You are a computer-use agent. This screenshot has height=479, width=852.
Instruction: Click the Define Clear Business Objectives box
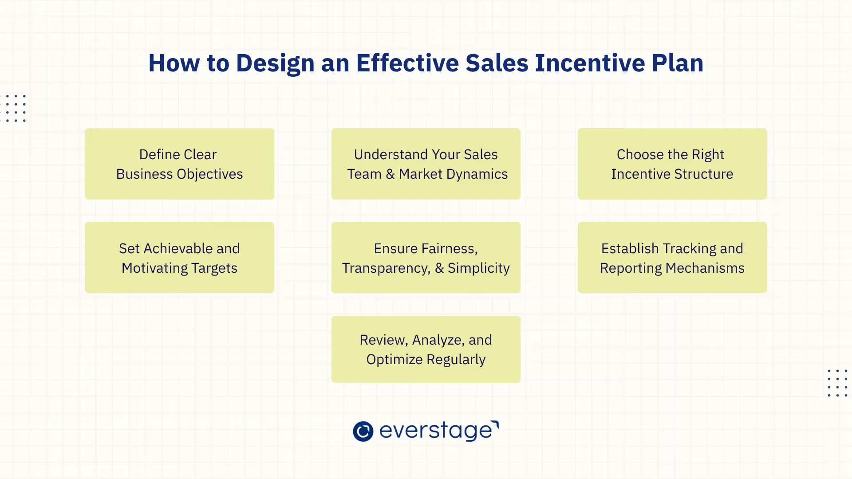click(x=179, y=164)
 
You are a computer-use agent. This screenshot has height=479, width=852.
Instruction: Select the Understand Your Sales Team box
click(x=426, y=164)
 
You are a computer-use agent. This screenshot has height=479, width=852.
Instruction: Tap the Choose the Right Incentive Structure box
click(x=672, y=164)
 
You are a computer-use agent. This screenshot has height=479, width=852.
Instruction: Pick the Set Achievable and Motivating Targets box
click(x=179, y=257)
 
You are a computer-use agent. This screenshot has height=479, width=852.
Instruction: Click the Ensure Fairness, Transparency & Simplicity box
click(x=426, y=257)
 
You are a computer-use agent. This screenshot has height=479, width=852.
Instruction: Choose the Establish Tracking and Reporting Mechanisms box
click(x=672, y=257)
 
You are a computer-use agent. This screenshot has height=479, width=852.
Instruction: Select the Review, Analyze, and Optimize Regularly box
click(x=426, y=349)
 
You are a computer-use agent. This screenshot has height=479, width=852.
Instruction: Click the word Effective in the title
click(x=407, y=63)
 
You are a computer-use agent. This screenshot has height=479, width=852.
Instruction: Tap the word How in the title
click(x=174, y=63)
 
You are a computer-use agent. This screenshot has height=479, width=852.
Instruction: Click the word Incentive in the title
click(x=590, y=63)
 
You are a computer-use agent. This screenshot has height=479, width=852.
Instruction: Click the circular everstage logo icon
click(x=363, y=431)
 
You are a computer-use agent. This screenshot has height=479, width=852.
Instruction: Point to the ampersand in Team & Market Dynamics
click(x=390, y=174)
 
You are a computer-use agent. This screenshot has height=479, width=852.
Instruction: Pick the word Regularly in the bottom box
click(x=456, y=360)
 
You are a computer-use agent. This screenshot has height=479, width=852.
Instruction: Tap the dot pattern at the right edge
click(x=837, y=383)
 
